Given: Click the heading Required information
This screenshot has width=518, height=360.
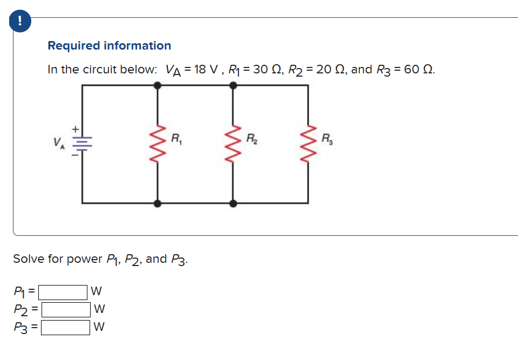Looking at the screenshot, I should click(x=109, y=46).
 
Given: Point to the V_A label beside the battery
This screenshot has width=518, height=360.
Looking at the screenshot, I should click(x=57, y=144).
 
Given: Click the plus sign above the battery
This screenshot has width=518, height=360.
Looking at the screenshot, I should click(x=76, y=130).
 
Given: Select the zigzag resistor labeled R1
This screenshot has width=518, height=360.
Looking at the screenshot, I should click(x=158, y=144).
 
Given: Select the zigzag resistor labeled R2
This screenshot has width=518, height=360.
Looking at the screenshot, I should click(x=233, y=144).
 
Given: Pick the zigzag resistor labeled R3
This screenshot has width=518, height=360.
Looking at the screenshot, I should click(x=308, y=144).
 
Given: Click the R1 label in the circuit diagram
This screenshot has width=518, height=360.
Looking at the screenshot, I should click(x=175, y=138).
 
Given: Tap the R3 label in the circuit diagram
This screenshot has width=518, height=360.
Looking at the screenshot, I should click(x=326, y=138).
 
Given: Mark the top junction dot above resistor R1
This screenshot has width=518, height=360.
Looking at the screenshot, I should click(x=158, y=85).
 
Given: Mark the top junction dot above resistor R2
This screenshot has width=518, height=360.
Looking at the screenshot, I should click(x=233, y=85).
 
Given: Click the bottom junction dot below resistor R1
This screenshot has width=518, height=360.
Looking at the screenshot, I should click(x=158, y=203).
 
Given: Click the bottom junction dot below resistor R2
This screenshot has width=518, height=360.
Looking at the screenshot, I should click(x=233, y=203).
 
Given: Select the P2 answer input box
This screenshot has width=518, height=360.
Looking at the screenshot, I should click(x=66, y=310).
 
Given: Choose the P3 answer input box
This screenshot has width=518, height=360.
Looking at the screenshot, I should click(x=66, y=327).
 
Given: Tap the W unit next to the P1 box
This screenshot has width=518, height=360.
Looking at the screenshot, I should click(x=97, y=293).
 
